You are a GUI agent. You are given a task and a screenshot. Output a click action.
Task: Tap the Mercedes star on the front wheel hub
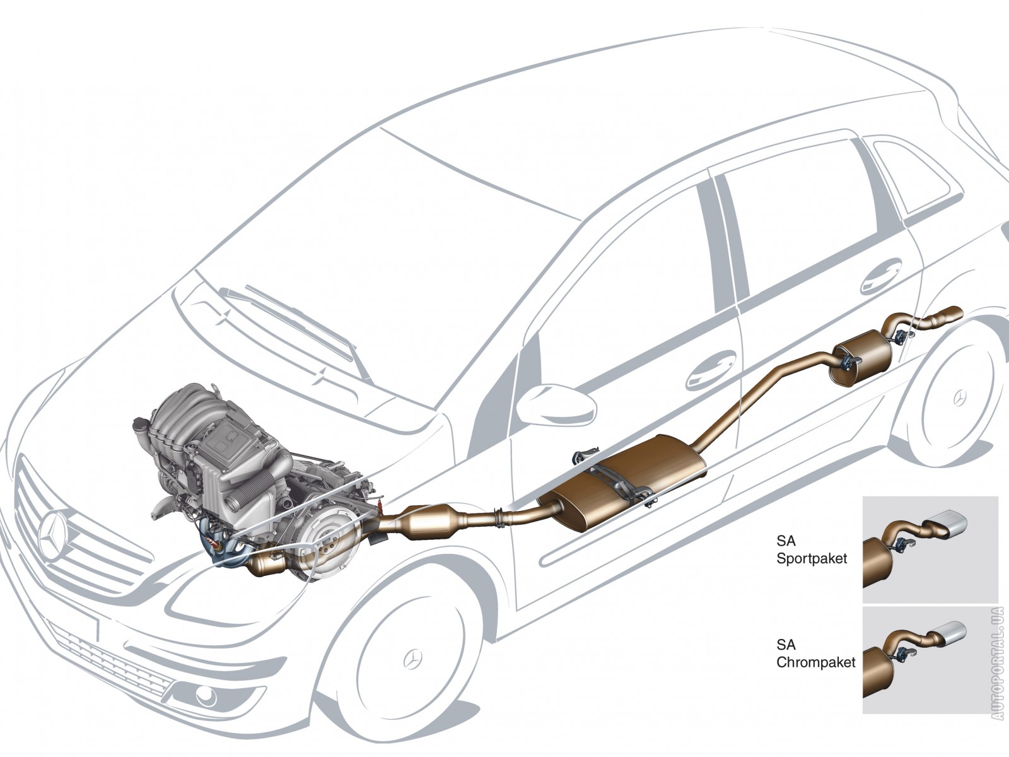[x=412, y=659]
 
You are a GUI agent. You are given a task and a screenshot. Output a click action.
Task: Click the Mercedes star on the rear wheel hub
[x=960, y=397]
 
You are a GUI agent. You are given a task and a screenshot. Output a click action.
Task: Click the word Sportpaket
[x=812, y=558]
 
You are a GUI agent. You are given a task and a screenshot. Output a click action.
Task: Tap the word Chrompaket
[x=815, y=662]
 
